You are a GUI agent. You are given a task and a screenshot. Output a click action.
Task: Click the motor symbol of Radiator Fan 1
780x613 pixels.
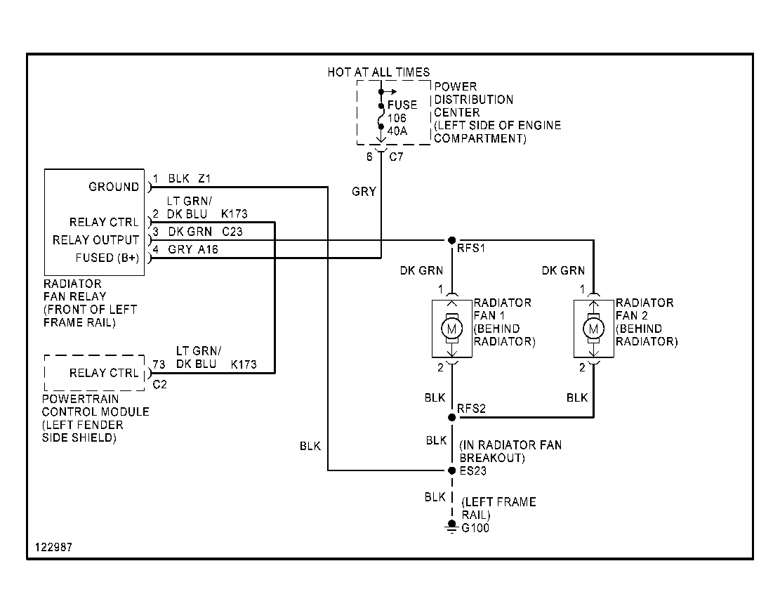click(x=451, y=329)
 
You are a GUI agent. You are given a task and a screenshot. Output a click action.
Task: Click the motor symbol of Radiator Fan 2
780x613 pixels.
click(x=594, y=329)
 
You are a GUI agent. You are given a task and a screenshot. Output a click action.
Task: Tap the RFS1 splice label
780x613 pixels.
click(x=470, y=249)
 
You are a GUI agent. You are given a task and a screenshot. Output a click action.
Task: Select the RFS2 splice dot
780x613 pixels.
click(x=451, y=417)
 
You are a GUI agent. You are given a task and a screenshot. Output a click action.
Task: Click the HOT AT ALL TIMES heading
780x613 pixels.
click(x=378, y=72)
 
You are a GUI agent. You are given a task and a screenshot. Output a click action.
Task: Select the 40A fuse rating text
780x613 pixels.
click(x=397, y=131)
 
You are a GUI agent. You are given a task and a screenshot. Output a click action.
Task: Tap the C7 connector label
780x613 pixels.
click(x=396, y=157)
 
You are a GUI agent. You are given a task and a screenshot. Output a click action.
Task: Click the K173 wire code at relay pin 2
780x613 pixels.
click(x=234, y=213)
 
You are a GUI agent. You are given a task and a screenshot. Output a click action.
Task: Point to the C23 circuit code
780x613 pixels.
click(x=232, y=231)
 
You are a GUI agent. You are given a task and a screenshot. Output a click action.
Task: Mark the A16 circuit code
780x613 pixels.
click(x=209, y=249)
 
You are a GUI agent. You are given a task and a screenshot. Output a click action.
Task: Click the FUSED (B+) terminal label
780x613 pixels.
click(x=107, y=258)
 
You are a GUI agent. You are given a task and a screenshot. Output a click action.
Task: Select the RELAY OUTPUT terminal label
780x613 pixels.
click(x=96, y=240)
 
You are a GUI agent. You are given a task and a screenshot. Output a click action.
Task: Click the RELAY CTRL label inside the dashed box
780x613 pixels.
click(x=104, y=373)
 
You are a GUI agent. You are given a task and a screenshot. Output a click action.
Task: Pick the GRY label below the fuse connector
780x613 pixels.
click(x=364, y=191)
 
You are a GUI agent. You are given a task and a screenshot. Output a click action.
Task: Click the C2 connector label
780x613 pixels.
click(x=160, y=385)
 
